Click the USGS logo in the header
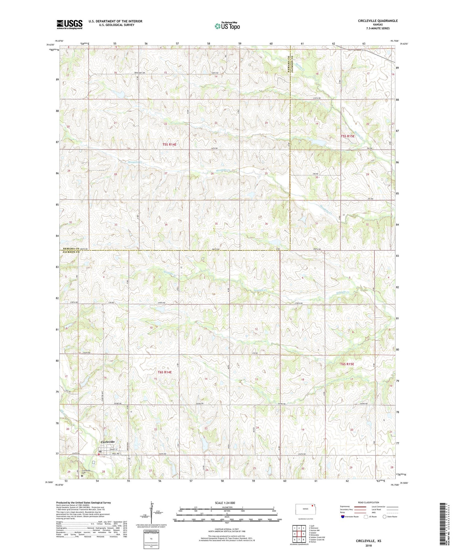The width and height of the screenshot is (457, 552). point(70,24)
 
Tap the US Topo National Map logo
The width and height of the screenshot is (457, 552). point(227,26)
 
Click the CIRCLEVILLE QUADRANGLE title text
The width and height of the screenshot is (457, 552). point(378,21)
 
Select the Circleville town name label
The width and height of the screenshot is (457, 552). point(108,442)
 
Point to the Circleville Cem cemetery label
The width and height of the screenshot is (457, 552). point(86,471)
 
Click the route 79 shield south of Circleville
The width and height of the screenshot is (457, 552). point(129,459)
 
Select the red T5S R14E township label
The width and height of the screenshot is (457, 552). point(169,144)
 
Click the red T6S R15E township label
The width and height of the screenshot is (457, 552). point(347,364)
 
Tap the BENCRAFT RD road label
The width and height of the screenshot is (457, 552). point(139,73)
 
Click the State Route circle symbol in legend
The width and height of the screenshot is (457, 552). point(385,517)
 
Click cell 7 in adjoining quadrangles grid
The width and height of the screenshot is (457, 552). point(299,539)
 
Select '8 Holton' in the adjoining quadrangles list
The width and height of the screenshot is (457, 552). point(312,542)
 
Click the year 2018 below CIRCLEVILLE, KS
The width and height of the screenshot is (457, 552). point(368,546)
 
